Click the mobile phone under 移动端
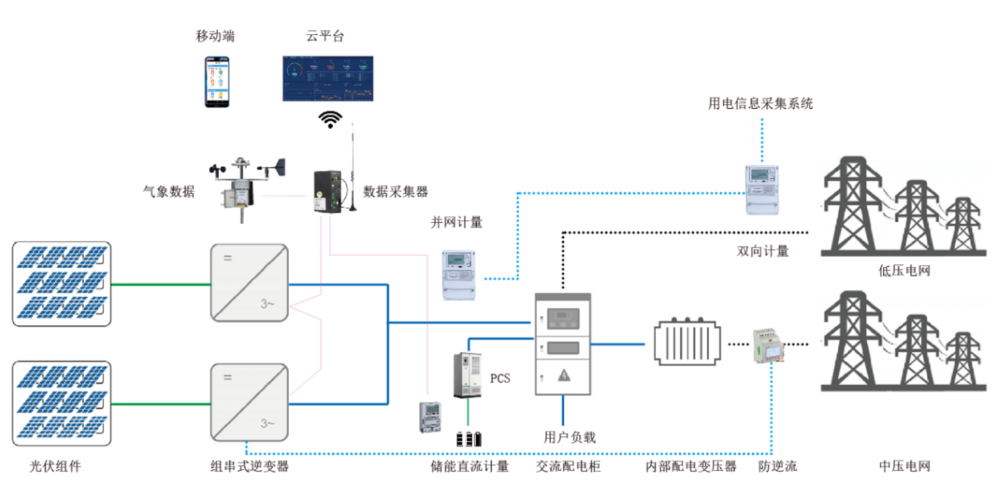click(x=217, y=82)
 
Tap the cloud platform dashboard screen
click(x=328, y=79)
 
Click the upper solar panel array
click(x=62, y=284)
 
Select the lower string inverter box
click(x=249, y=401)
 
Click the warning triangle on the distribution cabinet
click(x=563, y=376)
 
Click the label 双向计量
click(x=762, y=250)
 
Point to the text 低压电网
click(x=903, y=271)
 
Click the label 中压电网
click(x=904, y=466)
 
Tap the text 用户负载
click(x=569, y=437)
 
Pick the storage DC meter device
click(x=429, y=416)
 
